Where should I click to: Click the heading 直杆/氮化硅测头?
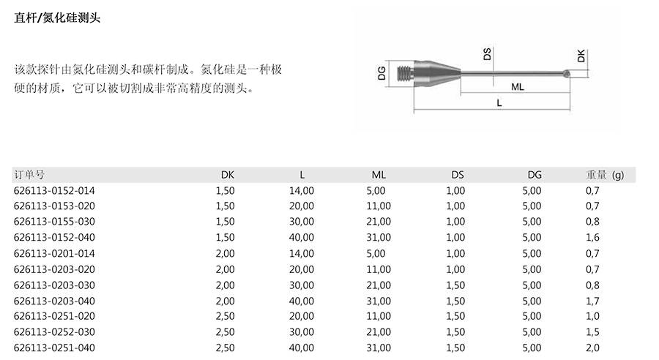click(x=57, y=18)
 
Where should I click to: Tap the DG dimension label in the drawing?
click(x=381, y=73)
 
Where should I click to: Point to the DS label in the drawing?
click(x=487, y=53)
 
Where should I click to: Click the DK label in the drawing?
click(x=581, y=56)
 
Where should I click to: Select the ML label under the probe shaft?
click(x=518, y=87)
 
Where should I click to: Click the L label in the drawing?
click(x=499, y=103)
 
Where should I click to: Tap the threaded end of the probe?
click(x=406, y=73)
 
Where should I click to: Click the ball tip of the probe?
click(x=567, y=73)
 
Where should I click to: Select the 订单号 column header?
click(x=29, y=175)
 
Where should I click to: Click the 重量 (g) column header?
click(x=605, y=175)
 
